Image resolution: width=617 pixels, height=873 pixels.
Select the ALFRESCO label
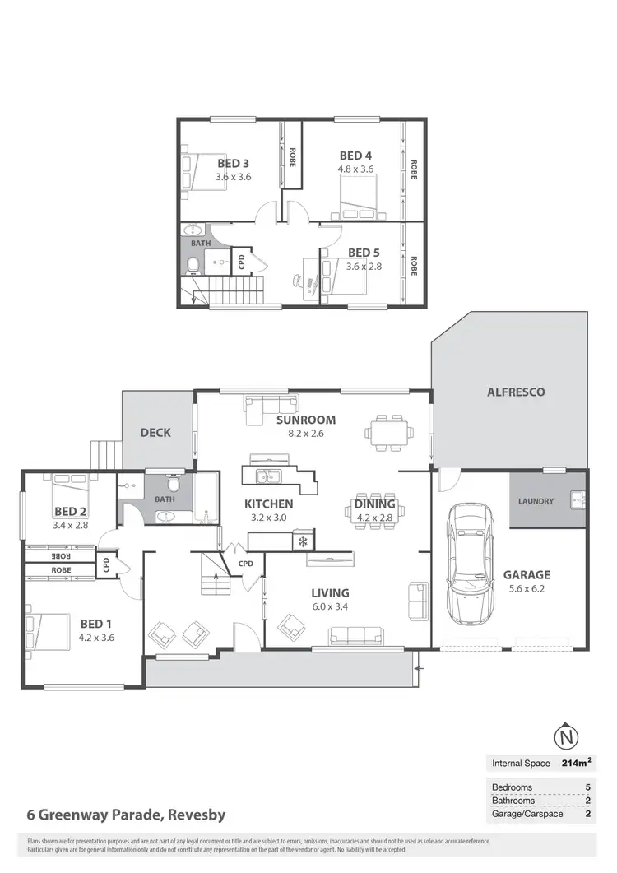point(517,392)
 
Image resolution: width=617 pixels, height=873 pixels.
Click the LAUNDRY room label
point(536,501)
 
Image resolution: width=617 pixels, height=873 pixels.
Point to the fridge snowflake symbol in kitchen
point(302,541)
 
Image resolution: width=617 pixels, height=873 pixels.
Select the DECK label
point(155,432)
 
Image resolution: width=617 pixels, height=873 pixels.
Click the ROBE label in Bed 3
point(292,156)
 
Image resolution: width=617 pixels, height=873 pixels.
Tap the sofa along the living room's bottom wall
point(356,635)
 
